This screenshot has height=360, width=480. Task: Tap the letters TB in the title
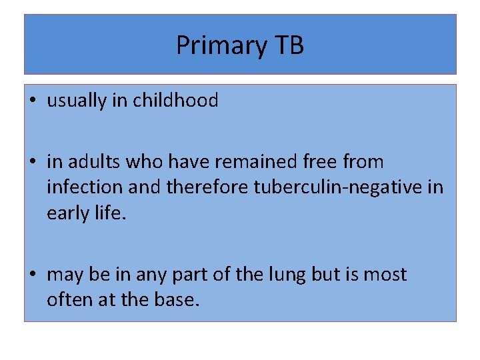click(x=289, y=45)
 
